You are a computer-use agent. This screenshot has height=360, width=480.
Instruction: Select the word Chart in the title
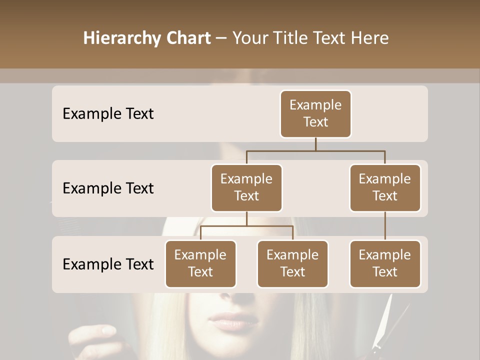coord(188,38)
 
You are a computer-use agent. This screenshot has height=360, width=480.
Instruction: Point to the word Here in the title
coord(370,38)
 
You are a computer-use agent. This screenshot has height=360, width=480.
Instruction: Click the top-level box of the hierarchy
coord(315,114)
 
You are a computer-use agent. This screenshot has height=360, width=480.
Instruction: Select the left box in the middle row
coord(246,188)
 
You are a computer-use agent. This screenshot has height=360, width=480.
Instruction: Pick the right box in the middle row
coord(385,188)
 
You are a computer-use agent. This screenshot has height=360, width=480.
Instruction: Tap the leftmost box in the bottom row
coord(200,264)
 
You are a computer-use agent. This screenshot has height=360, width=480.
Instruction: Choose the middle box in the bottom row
coord(292,264)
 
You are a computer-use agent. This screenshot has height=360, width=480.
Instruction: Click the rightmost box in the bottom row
coord(385,264)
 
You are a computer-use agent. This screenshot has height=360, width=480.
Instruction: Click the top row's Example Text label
coord(108,114)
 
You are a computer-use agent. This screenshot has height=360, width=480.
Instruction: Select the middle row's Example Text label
coord(108,188)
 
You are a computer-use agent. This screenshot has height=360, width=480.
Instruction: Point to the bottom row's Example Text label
coord(108,264)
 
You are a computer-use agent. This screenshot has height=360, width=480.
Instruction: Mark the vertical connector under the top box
coord(315,144)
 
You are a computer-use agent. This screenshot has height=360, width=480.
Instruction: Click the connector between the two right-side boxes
coord(385,226)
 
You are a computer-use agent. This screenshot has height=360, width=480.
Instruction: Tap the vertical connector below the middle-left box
coord(246,218)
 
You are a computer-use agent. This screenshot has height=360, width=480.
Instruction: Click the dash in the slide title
coord(221,38)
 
